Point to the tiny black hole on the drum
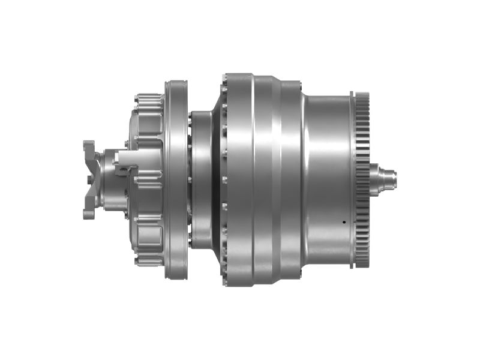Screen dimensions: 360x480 point(344,222)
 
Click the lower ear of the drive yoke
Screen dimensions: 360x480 point(89,211)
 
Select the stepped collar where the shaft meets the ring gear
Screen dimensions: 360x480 point(376,178)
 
